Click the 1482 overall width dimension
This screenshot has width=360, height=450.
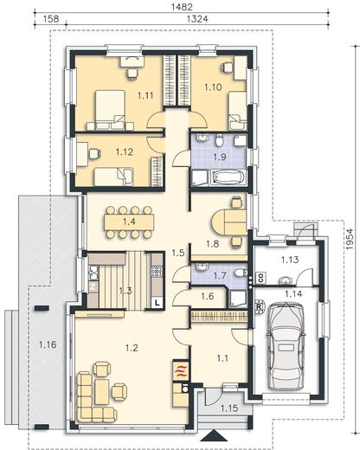[x=182, y=7]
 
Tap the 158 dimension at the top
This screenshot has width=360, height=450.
[x=51, y=19]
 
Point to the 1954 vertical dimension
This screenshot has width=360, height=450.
[x=350, y=239]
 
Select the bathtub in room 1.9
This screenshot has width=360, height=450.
[x=228, y=177]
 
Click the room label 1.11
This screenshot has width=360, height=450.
[x=145, y=95]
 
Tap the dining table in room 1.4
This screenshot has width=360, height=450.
[x=129, y=222]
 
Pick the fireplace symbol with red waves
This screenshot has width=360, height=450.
[x=181, y=370]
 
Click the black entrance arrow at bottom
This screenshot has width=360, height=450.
[x=214, y=435]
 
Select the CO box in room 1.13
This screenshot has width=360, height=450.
[x=261, y=278]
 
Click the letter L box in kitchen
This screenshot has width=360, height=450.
[x=157, y=303]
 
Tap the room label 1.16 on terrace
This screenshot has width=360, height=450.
[x=48, y=344]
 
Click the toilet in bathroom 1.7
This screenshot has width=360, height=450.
[x=241, y=273]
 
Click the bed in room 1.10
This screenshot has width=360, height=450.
[x=237, y=111]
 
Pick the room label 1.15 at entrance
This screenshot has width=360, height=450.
[x=229, y=408]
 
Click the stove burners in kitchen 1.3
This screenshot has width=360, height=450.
[x=157, y=271]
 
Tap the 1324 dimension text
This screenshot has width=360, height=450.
[x=197, y=19]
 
